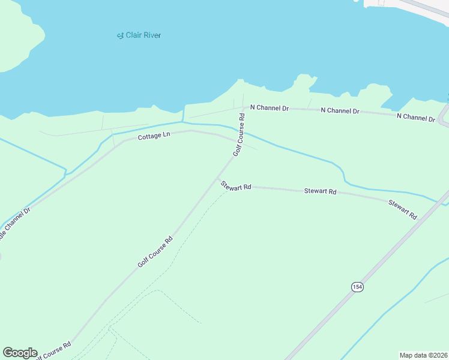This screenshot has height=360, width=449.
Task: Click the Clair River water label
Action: pos(139,35)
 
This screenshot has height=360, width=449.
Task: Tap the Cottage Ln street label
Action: pos(154,136)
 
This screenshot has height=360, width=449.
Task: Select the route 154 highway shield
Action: pos(357,287)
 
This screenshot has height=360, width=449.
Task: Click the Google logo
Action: pos(20,353)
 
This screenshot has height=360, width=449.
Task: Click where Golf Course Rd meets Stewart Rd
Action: pos(218,179)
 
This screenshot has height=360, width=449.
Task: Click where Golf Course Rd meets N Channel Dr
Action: pos(244,109)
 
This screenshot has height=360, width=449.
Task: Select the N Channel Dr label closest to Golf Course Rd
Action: pos(270,108)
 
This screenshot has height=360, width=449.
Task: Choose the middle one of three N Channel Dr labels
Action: pos(340,111)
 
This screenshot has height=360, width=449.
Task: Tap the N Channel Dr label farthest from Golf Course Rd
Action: pos(415,117)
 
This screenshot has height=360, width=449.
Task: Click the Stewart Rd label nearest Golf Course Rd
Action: pos(234,185)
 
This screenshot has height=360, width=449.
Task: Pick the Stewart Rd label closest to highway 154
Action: pos(402,209)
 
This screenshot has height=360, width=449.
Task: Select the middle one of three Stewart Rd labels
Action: pos(320,191)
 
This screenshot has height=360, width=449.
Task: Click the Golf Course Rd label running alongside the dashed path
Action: pos(155,251)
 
